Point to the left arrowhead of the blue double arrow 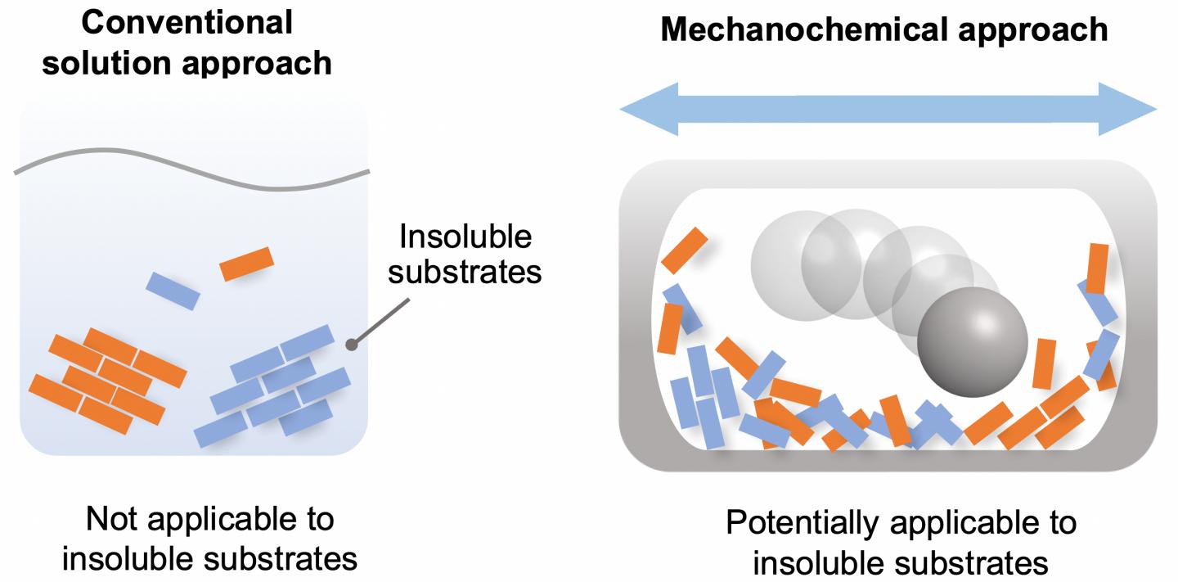tap(642, 110)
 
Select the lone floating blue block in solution tap(173, 291)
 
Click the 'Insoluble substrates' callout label tap(464, 254)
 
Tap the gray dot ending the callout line tap(352, 345)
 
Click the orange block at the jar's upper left tap(684, 249)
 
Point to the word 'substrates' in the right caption tap(977, 564)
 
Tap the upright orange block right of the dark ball tap(1043, 363)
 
